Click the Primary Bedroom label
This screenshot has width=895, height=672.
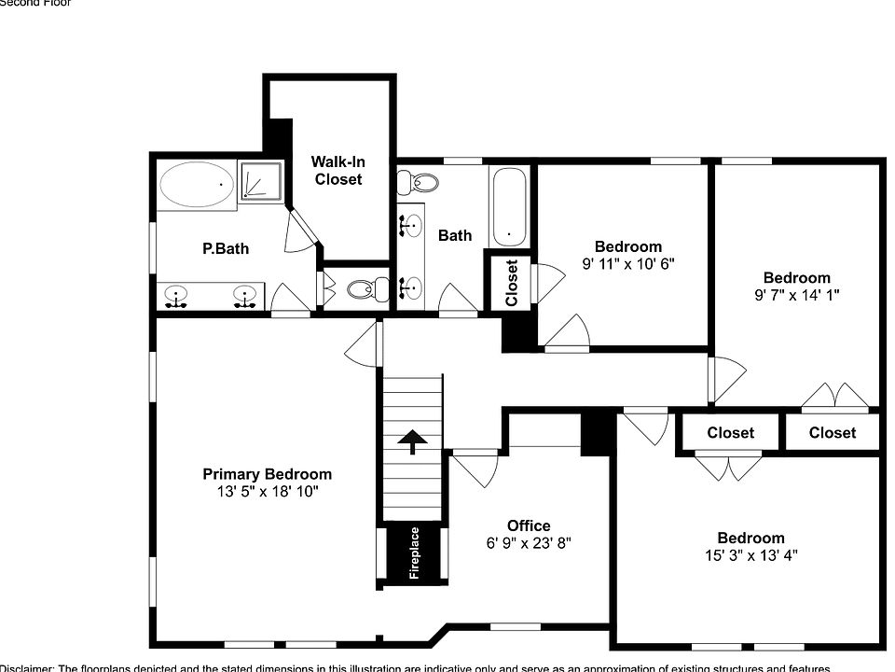coord(267,474)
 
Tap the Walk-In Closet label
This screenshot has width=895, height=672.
coord(337,171)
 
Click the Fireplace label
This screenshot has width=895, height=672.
coord(414,553)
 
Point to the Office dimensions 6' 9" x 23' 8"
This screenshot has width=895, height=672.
coord(529,542)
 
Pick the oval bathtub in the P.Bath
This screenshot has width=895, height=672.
coord(197,184)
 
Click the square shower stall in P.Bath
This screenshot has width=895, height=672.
coord(260,180)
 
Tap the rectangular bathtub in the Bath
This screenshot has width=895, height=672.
coord(509,206)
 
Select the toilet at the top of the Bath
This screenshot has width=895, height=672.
coord(426,182)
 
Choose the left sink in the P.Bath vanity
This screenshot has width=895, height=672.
coord(175,297)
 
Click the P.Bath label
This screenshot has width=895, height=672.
coord(226,249)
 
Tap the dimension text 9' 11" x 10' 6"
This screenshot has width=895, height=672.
coord(627,263)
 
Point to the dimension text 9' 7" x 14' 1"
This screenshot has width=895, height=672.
coord(796,294)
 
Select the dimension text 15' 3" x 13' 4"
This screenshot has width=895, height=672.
coord(750,554)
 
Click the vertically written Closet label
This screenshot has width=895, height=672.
coord(511,283)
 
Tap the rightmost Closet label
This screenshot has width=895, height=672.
coord(832,432)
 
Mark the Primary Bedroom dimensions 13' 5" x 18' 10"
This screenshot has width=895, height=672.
coord(267,491)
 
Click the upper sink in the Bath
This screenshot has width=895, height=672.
coord(410,224)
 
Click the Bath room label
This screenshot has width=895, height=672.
coord(455,235)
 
